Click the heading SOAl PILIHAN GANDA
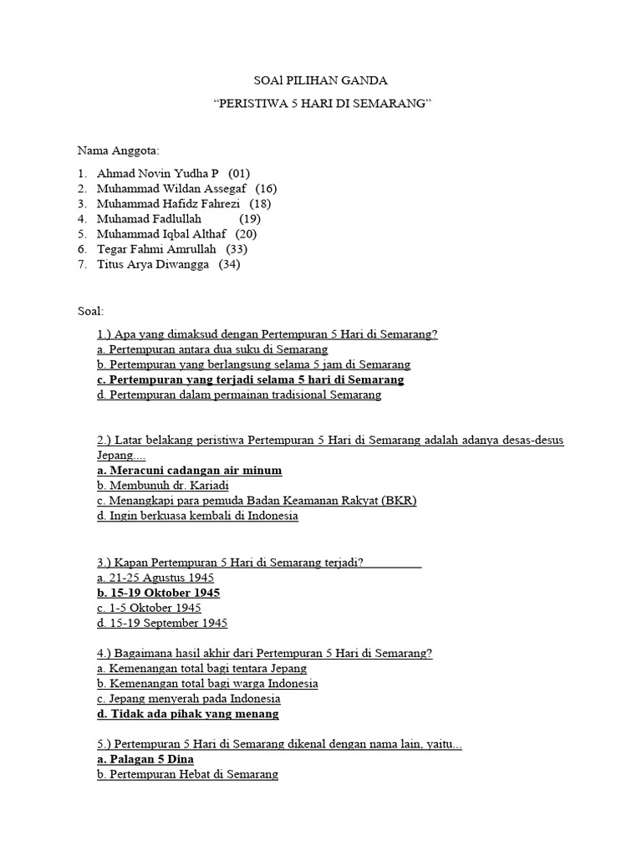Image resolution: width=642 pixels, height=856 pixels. point(320,81)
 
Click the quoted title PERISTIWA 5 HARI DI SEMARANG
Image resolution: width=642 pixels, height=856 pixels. point(320,104)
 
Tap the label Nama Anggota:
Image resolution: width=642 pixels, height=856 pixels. point(118,150)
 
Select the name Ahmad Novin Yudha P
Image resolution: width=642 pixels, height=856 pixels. point(157,173)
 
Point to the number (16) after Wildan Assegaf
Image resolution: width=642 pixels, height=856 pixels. point(266,188)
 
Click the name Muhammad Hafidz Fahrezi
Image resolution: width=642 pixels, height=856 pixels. point(168,203)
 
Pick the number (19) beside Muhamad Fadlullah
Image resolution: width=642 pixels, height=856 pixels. point(249,218)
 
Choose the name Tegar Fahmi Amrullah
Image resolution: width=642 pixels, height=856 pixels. point(156,248)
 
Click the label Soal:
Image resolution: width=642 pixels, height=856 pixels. point(90,310)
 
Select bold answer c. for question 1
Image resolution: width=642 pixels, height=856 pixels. point(251,380)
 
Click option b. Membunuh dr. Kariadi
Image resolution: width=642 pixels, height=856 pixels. point(163,485)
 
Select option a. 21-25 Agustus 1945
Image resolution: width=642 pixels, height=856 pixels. point(155,578)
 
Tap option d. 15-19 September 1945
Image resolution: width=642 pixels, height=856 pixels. point(162,623)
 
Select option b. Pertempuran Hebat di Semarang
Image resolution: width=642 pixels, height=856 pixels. point(187,775)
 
